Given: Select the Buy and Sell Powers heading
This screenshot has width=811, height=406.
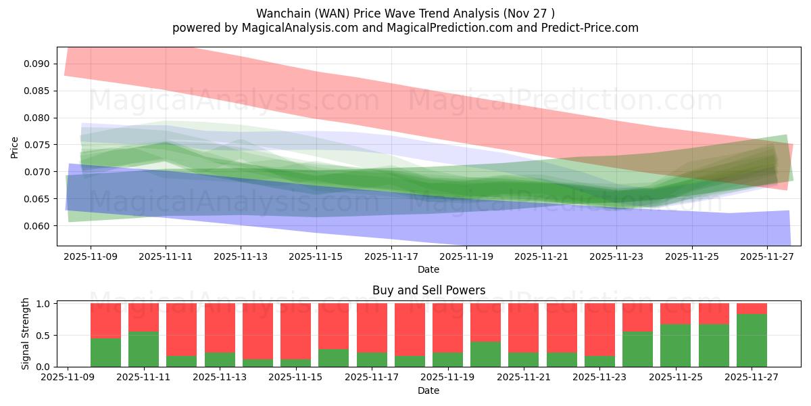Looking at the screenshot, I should tap(428, 290).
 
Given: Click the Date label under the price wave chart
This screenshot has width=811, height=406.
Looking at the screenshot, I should tap(428, 269).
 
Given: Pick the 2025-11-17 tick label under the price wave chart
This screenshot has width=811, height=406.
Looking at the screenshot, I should tap(391, 257).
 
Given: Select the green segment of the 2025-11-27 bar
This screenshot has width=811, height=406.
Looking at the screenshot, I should tap(752, 340).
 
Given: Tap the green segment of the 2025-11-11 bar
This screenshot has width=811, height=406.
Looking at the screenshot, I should tap(143, 349).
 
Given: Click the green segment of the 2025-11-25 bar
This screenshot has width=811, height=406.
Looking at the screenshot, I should tap(676, 346).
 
